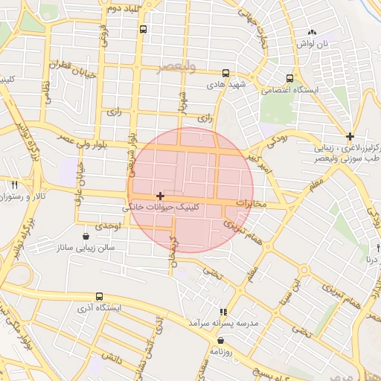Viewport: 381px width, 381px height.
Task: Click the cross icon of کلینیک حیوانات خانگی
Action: [160, 196]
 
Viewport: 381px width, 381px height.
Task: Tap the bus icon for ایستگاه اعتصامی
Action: [289, 77]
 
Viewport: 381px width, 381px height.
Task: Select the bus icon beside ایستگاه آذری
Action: [100, 296]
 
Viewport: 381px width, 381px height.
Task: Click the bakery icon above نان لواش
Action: [313, 33]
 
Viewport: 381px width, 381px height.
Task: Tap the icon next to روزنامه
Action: [221, 340]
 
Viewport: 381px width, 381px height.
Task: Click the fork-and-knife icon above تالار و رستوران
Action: [15, 184]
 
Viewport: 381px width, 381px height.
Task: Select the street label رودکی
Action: [276, 137]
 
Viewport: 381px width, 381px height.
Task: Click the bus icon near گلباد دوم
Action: [142, 30]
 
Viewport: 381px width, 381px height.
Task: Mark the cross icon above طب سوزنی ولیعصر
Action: [350, 135]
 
